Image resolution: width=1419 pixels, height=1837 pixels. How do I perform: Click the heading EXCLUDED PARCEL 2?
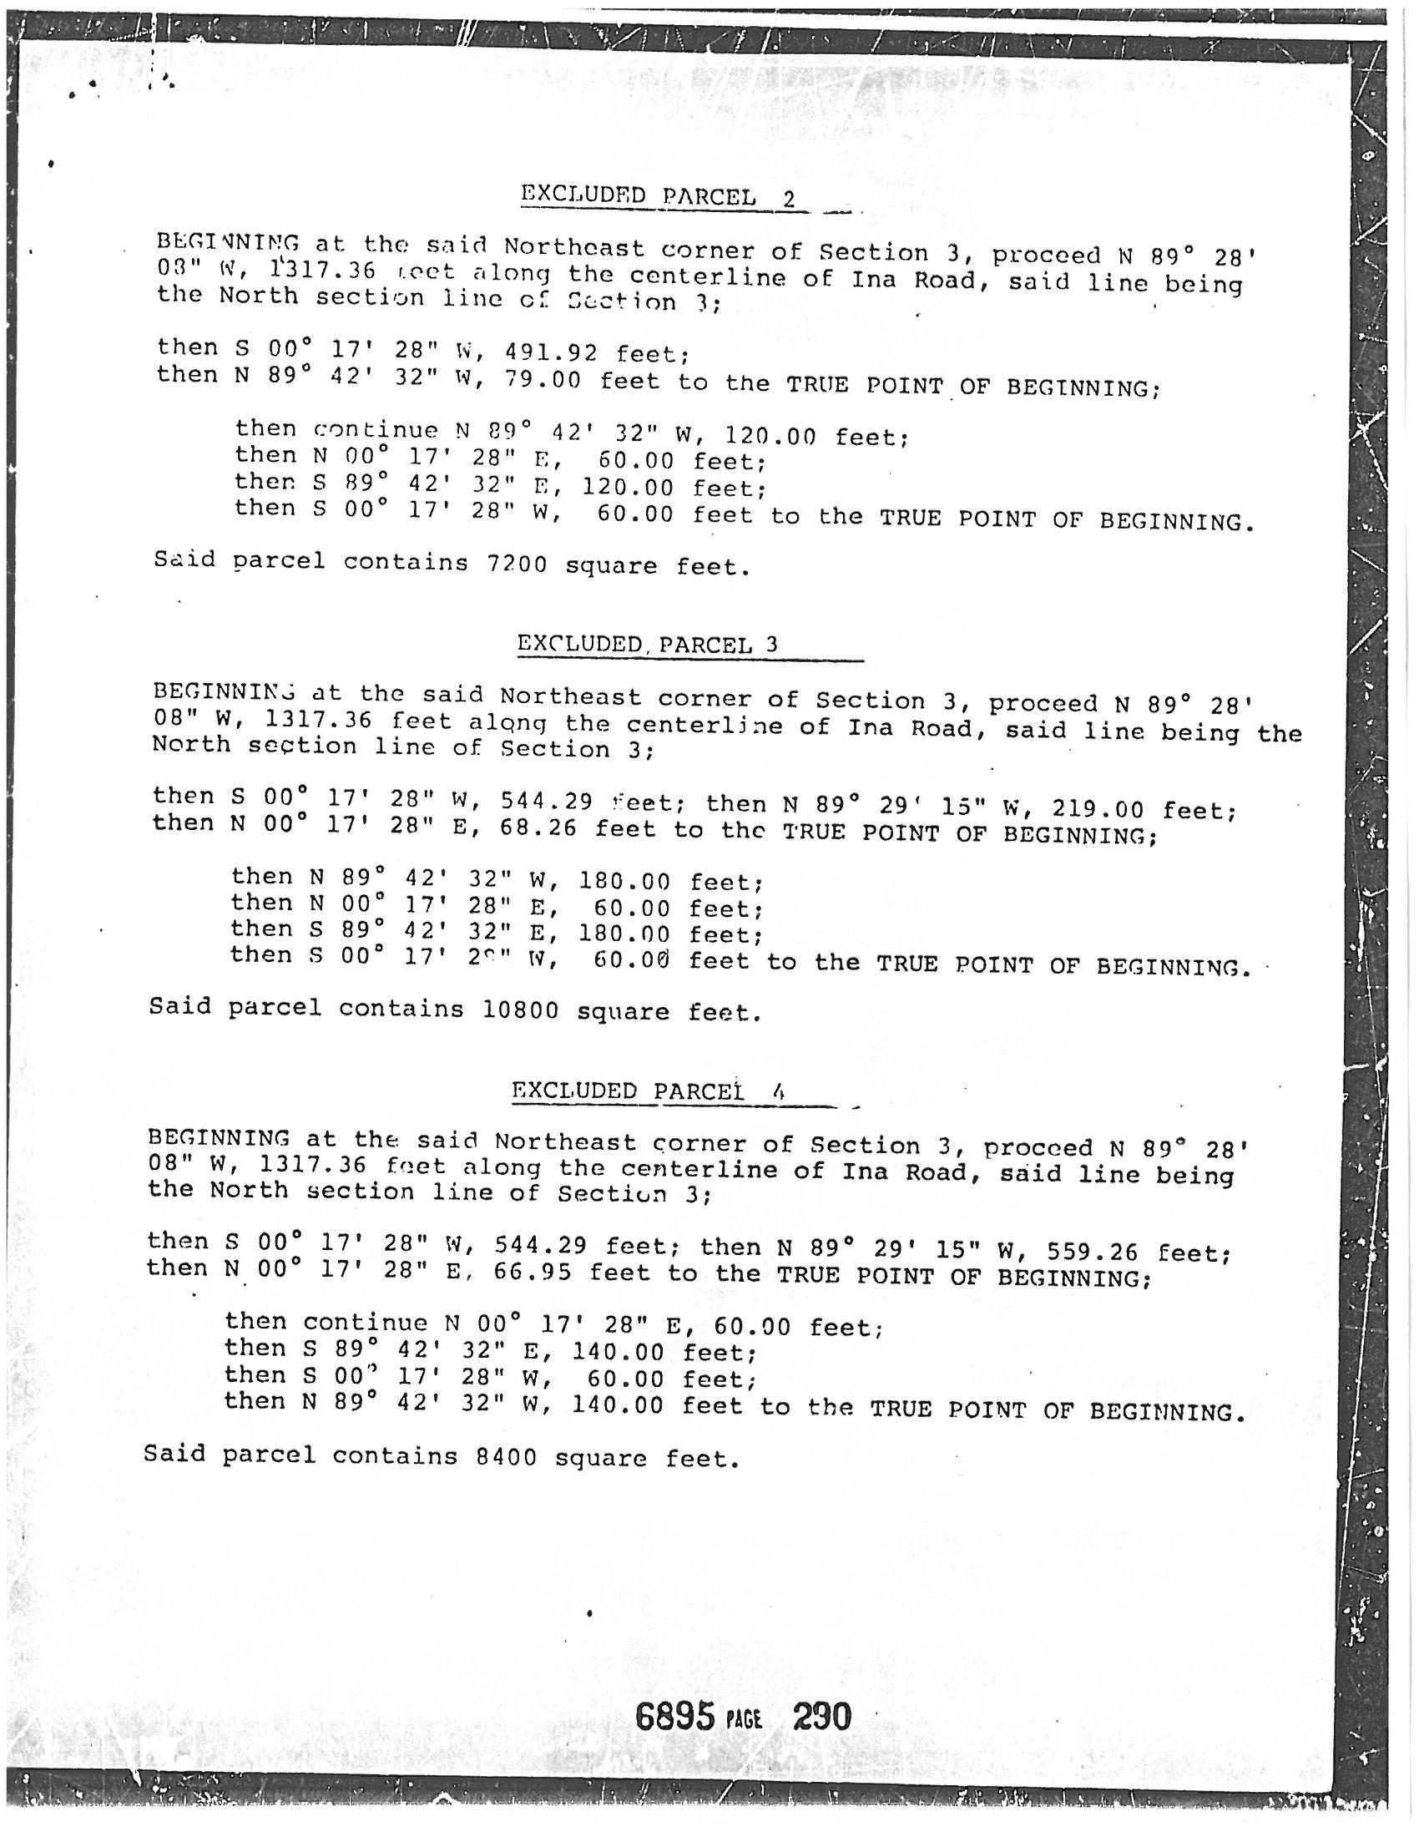[659, 198]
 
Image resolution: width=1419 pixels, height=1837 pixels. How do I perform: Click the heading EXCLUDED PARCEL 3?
[646, 645]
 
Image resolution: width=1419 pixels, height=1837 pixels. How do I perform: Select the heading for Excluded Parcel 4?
[648, 1091]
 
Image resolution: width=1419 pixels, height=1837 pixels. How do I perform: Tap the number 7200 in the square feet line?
[516, 564]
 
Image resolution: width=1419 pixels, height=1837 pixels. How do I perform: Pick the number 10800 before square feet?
[520, 1010]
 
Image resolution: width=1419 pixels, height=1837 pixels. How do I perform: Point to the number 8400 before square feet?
[505, 1456]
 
